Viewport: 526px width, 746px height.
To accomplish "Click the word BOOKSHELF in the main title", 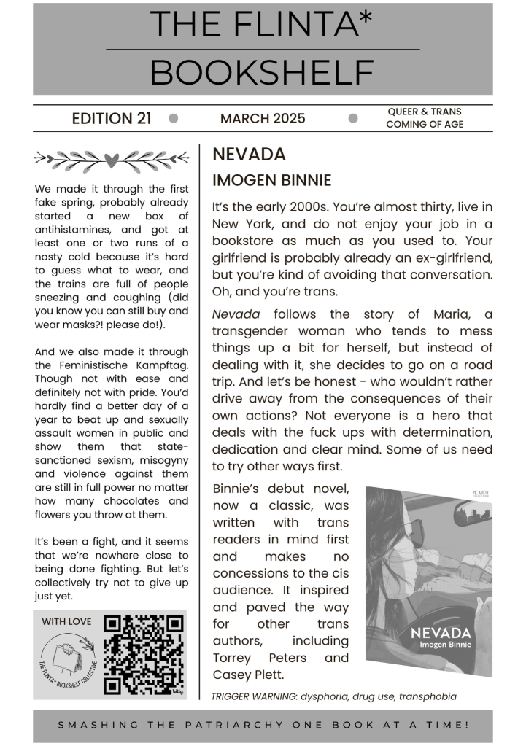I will tap(263, 72).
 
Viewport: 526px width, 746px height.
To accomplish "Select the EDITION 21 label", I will tap(112, 118).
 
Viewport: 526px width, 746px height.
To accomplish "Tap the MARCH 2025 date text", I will tap(263, 118).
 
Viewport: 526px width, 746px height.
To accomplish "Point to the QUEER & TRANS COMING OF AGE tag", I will tap(425, 118).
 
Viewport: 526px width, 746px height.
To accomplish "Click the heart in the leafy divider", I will tap(111, 158).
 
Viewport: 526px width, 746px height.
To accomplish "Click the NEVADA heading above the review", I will tap(249, 155).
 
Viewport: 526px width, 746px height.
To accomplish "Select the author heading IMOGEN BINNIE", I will tap(271, 180).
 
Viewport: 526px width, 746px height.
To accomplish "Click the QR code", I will tap(143, 654).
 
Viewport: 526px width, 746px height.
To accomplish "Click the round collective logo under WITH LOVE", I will tap(67, 660).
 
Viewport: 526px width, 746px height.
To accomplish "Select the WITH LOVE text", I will tap(66, 621).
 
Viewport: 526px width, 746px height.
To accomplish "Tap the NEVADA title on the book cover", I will tap(440, 632).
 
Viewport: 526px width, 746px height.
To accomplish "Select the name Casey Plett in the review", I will tap(247, 675).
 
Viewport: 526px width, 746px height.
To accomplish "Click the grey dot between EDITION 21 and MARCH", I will tap(174, 118).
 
